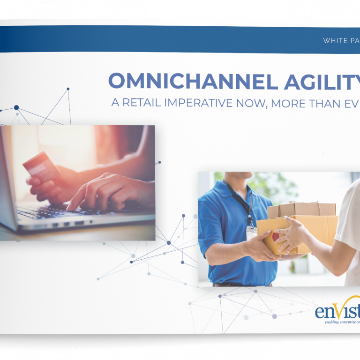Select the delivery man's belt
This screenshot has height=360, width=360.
coord(239,284)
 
